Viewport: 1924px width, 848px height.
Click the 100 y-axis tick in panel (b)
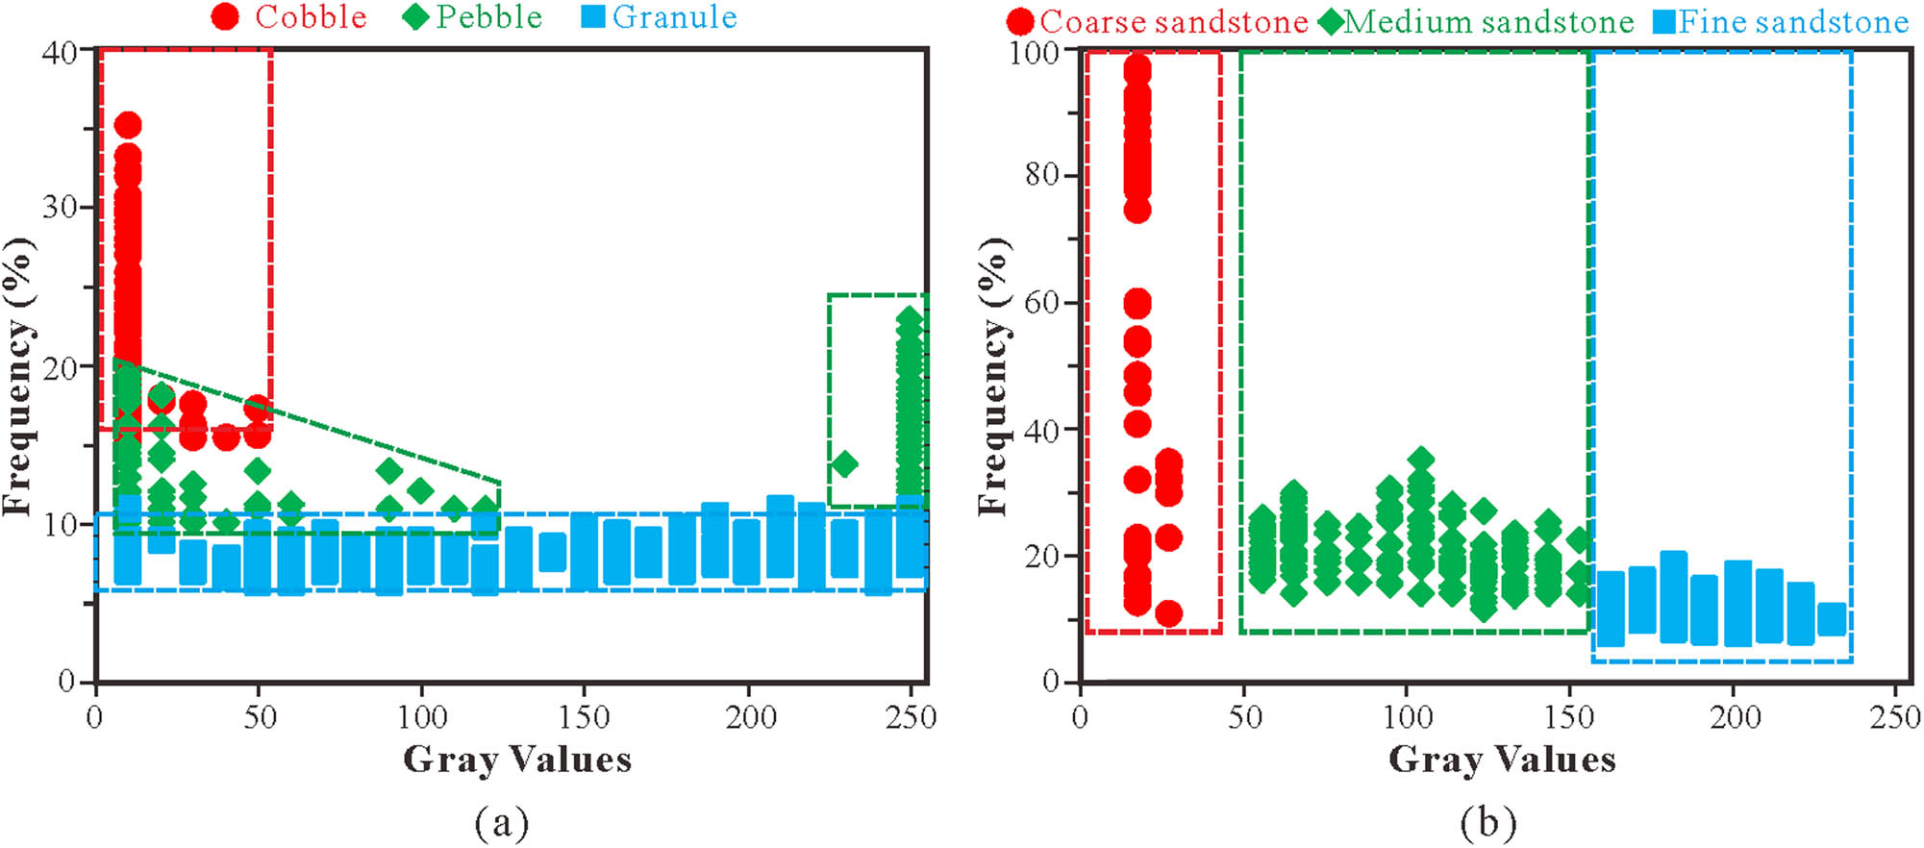[1033, 52]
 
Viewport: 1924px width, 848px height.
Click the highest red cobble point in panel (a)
[128, 125]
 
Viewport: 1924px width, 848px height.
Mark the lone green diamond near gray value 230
[844, 464]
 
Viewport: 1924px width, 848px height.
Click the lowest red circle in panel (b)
[1168, 613]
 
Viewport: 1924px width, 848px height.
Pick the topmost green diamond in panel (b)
[1421, 460]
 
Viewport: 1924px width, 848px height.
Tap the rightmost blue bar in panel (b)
[1833, 618]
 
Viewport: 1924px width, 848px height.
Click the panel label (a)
[502, 823]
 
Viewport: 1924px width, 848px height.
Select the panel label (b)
[1487, 823]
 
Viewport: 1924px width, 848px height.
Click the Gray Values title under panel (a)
[517, 760]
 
